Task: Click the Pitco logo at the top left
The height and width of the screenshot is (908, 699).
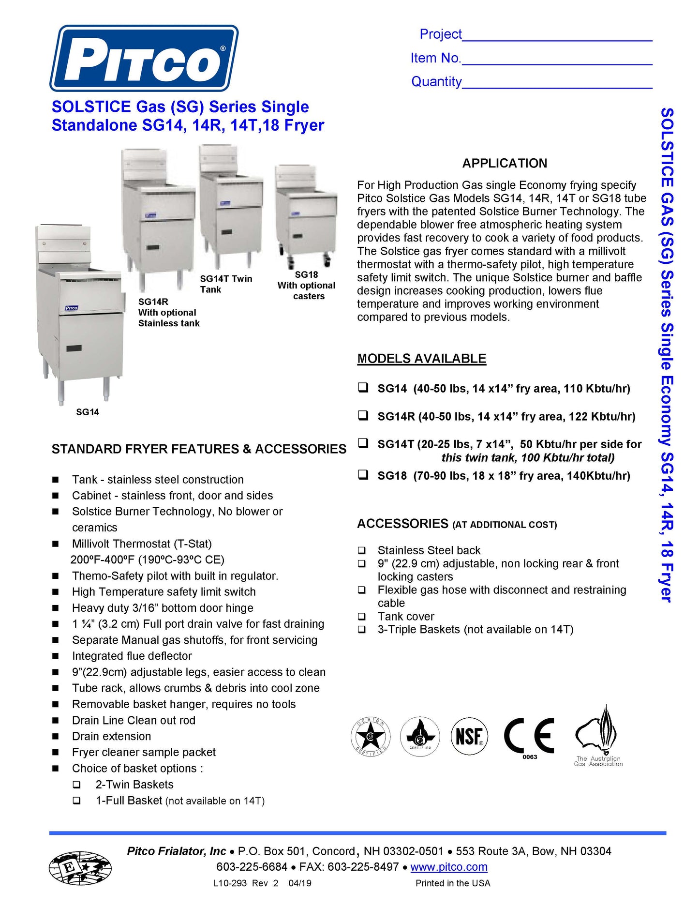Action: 144,58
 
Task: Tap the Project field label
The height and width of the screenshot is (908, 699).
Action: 440,34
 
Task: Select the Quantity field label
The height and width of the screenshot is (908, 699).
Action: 436,82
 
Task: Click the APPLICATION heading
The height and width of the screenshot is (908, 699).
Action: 505,164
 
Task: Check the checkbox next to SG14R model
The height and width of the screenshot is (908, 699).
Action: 363,416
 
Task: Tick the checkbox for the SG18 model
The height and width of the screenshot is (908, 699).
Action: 363,475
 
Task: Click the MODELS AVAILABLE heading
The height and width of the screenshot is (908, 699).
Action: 421,359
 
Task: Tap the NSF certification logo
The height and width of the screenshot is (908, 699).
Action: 469,736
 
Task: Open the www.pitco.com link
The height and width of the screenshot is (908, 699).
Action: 448,867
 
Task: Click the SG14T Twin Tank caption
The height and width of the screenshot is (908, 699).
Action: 226,284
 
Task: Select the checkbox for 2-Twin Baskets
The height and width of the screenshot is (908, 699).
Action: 76,785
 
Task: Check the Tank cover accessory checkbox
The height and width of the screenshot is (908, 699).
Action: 362,617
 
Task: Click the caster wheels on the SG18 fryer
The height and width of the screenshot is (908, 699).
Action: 327,260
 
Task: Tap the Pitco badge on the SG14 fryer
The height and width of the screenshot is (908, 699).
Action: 72,308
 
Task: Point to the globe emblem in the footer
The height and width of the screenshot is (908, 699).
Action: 80,868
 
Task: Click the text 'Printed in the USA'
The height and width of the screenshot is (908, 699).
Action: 453,883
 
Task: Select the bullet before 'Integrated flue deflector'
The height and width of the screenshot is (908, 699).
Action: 56,656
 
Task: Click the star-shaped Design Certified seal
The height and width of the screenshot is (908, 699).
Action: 370,737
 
